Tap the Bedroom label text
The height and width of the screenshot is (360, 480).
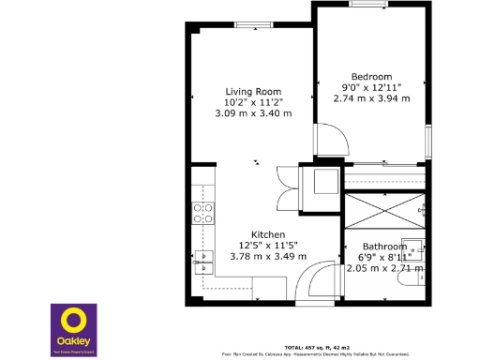tap(371, 76)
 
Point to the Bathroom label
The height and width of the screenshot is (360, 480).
tap(384, 247)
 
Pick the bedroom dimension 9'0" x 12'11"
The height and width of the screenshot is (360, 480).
tap(371, 87)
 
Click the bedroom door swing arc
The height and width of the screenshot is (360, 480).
tap(327, 142)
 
